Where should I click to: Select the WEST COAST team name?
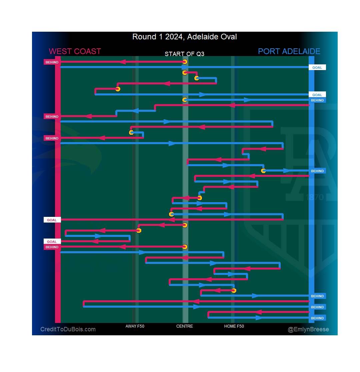click(75, 51)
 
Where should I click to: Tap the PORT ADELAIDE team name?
click(289, 51)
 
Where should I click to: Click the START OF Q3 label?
click(184, 54)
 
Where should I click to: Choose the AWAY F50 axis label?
click(135, 326)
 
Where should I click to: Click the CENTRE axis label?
click(185, 326)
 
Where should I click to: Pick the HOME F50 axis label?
click(234, 326)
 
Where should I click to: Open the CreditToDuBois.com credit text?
click(68, 330)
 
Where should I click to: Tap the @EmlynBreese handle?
click(308, 330)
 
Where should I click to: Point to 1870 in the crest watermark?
click(315, 197)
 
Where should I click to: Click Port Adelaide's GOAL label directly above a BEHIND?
click(317, 95)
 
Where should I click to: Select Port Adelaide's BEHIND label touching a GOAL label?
click(317, 100)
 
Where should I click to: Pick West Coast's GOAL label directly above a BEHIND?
click(52, 242)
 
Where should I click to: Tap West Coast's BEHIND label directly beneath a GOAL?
click(52, 247)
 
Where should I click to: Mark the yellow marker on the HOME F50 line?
click(234, 291)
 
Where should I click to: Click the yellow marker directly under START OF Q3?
click(185, 62)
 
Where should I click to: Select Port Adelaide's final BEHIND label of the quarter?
click(317, 318)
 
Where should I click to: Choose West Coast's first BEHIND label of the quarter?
click(52, 62)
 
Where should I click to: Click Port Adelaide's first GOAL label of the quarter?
click(317, 67)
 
